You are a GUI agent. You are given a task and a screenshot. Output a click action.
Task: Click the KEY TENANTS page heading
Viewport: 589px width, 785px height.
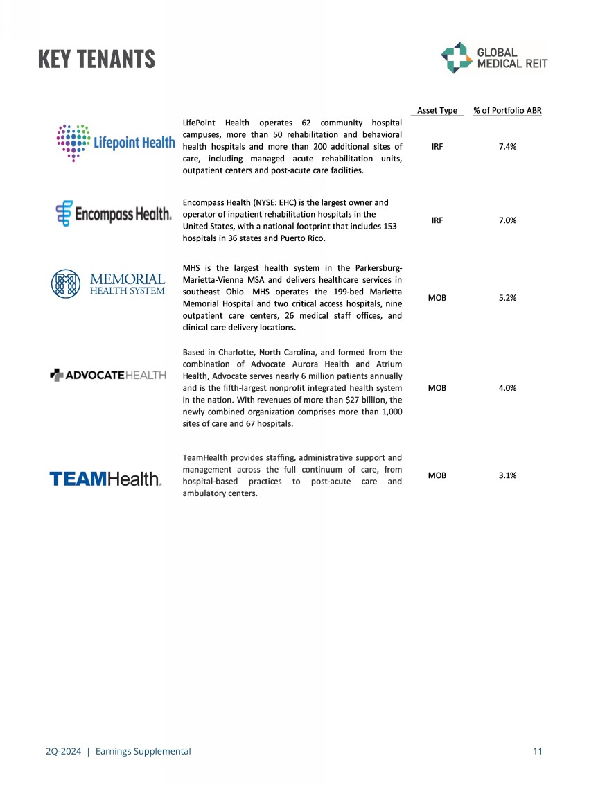(x=97, y=60)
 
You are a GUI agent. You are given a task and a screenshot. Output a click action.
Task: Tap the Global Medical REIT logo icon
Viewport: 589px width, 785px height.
(x=455, y=58)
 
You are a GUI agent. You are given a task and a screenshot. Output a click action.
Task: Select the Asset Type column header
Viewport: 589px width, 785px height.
(x=437, y=111)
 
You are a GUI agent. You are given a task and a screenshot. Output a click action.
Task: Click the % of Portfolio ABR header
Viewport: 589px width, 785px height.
(x=507, y=111)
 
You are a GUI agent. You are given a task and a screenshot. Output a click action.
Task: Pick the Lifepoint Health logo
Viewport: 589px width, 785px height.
(x=115, y=142)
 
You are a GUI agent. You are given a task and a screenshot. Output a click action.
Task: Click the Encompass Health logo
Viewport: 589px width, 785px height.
(x=113, y=214)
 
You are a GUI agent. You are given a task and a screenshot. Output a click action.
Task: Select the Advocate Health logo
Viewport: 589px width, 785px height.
(x=108, y=375)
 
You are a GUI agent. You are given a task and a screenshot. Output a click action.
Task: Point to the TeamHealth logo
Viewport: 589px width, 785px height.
(x=105, y=479)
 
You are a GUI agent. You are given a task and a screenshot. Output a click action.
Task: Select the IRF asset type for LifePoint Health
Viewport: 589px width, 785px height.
(x=437, y=147)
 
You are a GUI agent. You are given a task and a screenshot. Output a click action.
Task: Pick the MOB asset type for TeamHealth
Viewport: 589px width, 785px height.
(x=437, y=475)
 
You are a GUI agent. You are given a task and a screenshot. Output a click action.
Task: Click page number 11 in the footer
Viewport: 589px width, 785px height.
(x=538, y=751)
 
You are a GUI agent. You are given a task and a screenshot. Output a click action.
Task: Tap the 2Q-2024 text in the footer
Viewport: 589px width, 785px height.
(x=60, y=751)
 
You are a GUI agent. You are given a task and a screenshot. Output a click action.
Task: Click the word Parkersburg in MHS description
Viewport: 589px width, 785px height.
(x=373, y=267)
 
